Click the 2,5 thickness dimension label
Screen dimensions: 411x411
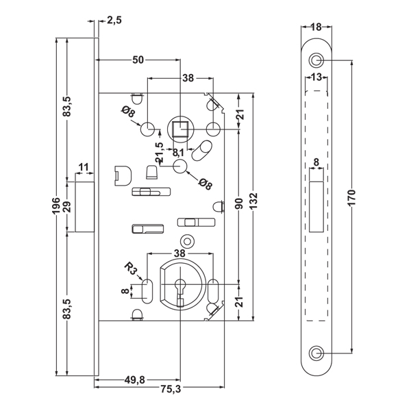(114, 20)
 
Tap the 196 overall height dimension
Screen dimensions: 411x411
(56, 206)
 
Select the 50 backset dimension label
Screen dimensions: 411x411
(138, 60)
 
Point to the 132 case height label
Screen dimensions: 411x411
(253, 201)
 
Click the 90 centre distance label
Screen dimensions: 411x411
(239, 203)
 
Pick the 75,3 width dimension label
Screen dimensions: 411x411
(171, 390)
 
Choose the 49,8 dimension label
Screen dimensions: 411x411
(135, 379)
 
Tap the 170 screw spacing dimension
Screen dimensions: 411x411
(352, 197)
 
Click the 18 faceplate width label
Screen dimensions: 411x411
(316, 27)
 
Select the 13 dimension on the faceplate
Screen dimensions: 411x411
(316, 77)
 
